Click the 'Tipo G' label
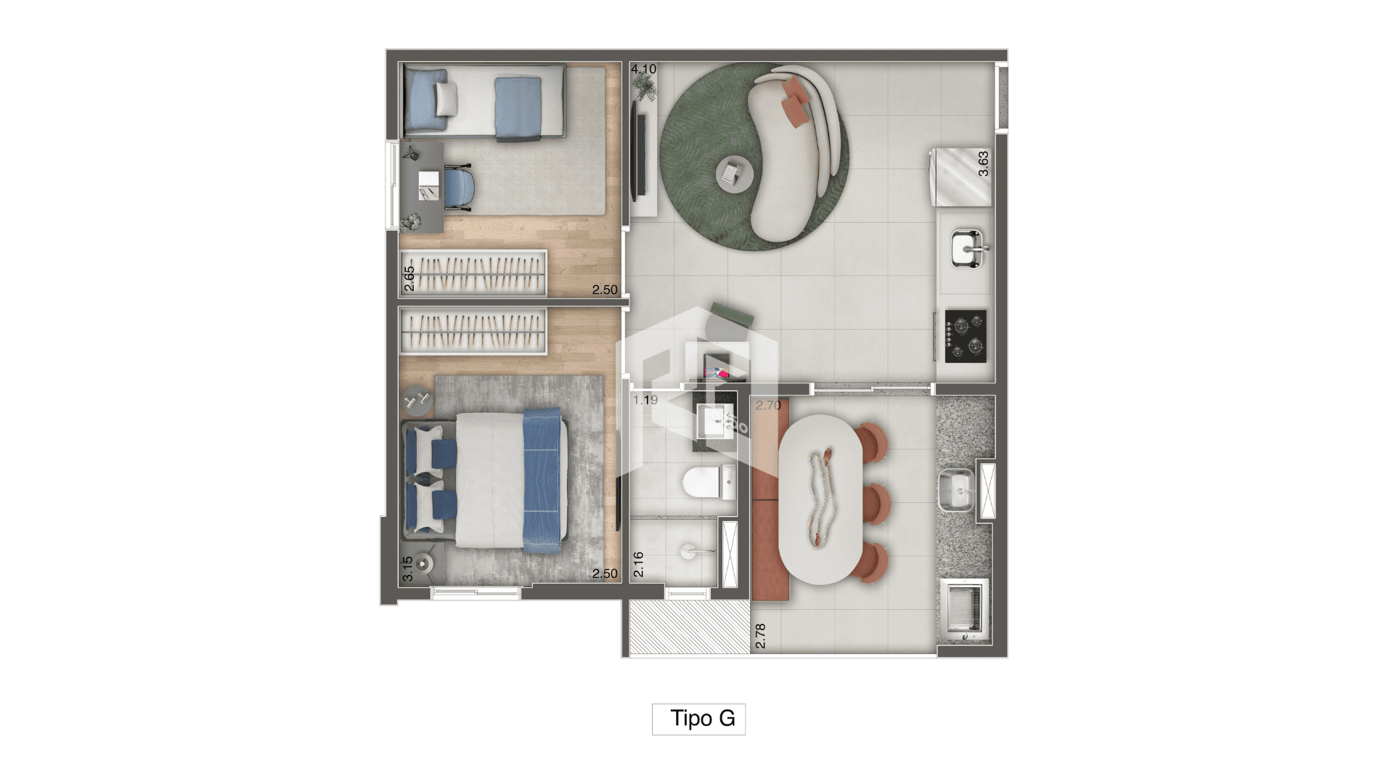coord(703,719)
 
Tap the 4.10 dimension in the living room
coord(643,70)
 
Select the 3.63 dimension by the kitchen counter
coord(983,163)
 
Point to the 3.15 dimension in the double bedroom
coord(408,568)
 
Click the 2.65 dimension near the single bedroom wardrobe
coord(409,279)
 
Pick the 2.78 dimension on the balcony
coord(761,636)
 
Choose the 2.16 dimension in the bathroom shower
coord(639,565)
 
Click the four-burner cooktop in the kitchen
coord(966,336)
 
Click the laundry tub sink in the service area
coord(957,491)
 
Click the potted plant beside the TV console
coord(643,86)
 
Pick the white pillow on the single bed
coord(447,98)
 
